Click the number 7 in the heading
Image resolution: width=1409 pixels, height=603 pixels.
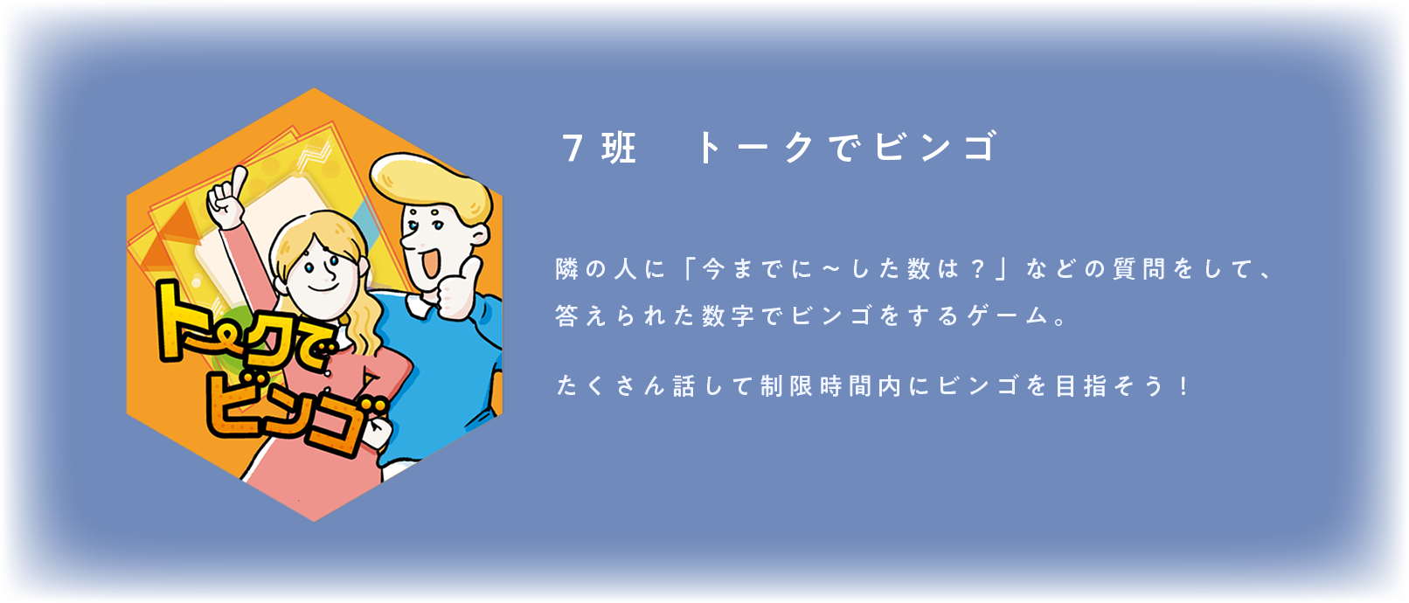point(573,148)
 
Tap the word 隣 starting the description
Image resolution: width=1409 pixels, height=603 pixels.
point(566,268)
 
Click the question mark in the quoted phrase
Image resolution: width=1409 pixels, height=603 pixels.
point(977,268)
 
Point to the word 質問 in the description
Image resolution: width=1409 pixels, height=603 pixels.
point(1139,268)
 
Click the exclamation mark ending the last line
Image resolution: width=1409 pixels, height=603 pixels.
point(1185,386)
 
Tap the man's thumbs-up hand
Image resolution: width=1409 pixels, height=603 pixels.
point(457,290)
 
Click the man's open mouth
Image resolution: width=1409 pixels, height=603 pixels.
point(431,262)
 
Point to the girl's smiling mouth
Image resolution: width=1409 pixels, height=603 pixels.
point(323,288)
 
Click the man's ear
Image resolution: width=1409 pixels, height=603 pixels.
point(479,235)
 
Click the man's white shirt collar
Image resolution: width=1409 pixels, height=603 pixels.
point(420,304)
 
